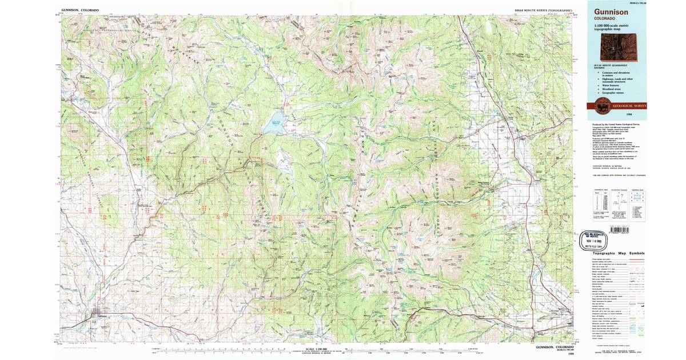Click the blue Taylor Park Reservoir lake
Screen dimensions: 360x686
pos(273,126)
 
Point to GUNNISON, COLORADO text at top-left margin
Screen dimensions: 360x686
pos(80,10)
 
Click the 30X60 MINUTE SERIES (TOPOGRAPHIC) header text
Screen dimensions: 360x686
pos(544,10)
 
